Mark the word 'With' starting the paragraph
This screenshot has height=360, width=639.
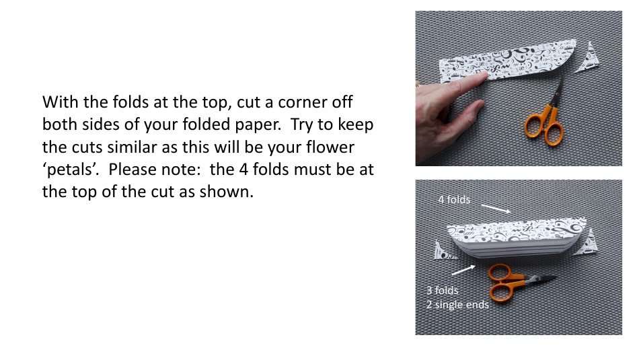(59, 103)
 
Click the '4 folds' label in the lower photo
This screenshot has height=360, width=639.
(454, 200)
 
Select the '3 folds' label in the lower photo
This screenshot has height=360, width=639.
(443, 291)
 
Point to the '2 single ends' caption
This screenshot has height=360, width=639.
(457, 304)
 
